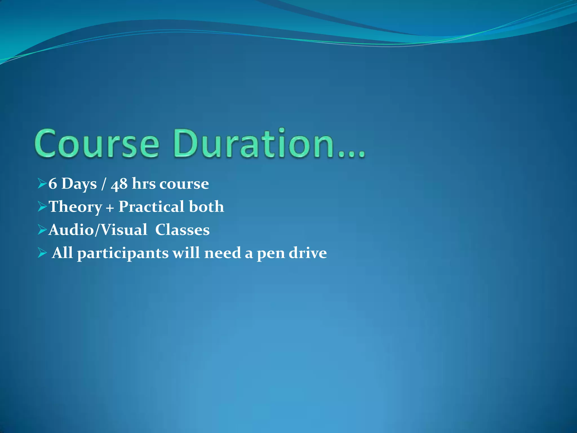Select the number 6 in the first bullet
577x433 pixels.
(x=53, y=184)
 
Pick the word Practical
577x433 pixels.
(x=151, y=207)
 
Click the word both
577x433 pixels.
(x=206, y=207)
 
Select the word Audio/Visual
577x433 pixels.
(x=98, y=230)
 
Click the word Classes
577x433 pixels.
(x=182, y=230)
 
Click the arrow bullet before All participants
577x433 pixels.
(x=42, y=253)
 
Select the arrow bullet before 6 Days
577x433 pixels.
(x=42, y=184)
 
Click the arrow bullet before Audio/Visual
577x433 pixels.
(x=42, y=230)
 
